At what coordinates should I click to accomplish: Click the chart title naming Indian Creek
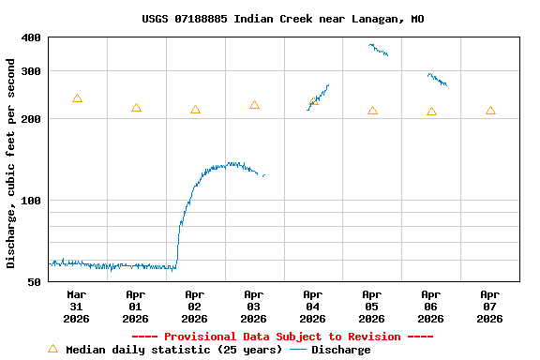point(282,19)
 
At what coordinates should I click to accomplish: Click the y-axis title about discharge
point(11,163)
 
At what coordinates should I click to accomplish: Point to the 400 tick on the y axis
point(31,37)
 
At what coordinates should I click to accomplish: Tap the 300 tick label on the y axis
point(31,71)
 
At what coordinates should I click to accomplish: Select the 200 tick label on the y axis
point(31,119)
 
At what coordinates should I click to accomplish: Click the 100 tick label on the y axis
point(31,201)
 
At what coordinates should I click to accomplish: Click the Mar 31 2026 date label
point(76,307)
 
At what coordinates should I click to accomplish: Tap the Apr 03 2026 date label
point(253,307)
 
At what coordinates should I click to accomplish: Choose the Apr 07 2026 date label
point(489,307)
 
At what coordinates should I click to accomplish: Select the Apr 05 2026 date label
point(371,307)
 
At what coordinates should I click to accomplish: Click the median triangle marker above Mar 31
point(77,98)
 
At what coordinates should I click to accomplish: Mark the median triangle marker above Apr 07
point(490,111)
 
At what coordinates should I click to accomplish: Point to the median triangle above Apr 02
point(195,110)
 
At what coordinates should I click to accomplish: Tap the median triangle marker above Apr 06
point(431,112)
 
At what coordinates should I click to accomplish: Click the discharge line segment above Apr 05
point(379,50)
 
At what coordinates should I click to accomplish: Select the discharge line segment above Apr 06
point(437,80)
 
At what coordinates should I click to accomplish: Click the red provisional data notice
point(282,337)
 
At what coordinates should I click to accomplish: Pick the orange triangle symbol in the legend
point(52,349)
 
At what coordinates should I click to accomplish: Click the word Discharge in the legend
point(340,350)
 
